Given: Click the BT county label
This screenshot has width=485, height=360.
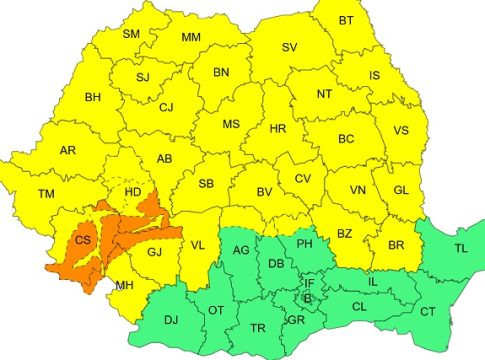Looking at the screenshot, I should (x=346, y=20).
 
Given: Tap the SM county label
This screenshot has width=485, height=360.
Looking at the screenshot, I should (x=131, y=33).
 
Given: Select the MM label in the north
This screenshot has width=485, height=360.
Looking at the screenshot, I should (x=190, y=38).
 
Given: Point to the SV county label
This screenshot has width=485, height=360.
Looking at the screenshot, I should (x=289, y=47).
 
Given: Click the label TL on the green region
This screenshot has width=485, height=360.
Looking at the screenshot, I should (x=460, y=247).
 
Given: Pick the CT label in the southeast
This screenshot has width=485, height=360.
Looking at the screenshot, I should (x=427, y=313).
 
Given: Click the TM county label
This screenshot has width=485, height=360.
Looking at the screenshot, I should (x=46, y=193).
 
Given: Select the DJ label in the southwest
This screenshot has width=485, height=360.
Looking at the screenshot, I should (x=171, y=320).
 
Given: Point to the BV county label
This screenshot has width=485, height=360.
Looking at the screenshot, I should (x=265, y=192).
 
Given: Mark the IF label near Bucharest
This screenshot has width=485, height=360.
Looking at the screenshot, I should (x=309, y=283).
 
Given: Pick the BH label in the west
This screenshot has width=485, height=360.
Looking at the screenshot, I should (x=93, y=97).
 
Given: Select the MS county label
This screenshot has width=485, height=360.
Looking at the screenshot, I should (x=231, y=123).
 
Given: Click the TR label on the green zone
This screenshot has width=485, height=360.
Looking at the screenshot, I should (x=258, y=328).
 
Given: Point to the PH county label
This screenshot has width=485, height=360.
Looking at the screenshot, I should (x=305, y=243).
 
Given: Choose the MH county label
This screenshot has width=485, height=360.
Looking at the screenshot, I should (x=124, y=285).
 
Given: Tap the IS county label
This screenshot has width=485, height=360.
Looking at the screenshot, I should (x=374, y=75).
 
